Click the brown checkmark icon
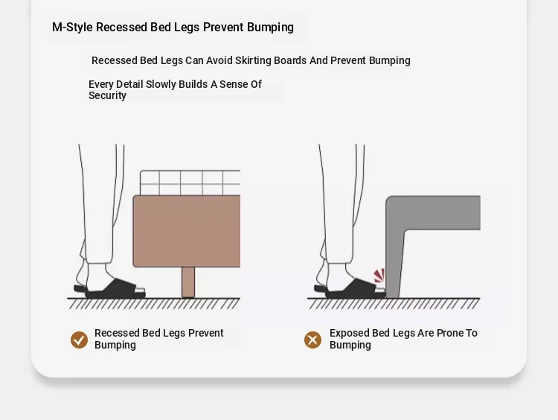pyautogui.click(x=79, y=340)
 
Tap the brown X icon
pyautogui.click(x=312, y=340)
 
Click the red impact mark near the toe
pyautogui.click(x=379, y=276)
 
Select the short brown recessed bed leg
pyautogui.click(x=188, y=282)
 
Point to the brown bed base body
pyautogui.click(x=187, y=231)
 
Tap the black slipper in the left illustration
pyautogui.click(x=109, y=289)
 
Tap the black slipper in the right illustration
pyautogui.click(x=350, y=289)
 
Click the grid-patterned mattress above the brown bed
pyautogui.click(x=190, y=182)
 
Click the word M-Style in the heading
pyautogui.click(x=72, y=28)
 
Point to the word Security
pyautogui.click(x=107, y=96)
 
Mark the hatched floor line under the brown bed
pyautogui.click(x=154, y=303)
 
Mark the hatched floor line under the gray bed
pyautogui.click(x=394, y=303)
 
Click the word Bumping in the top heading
pyautogui.click(x=270, y=28)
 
